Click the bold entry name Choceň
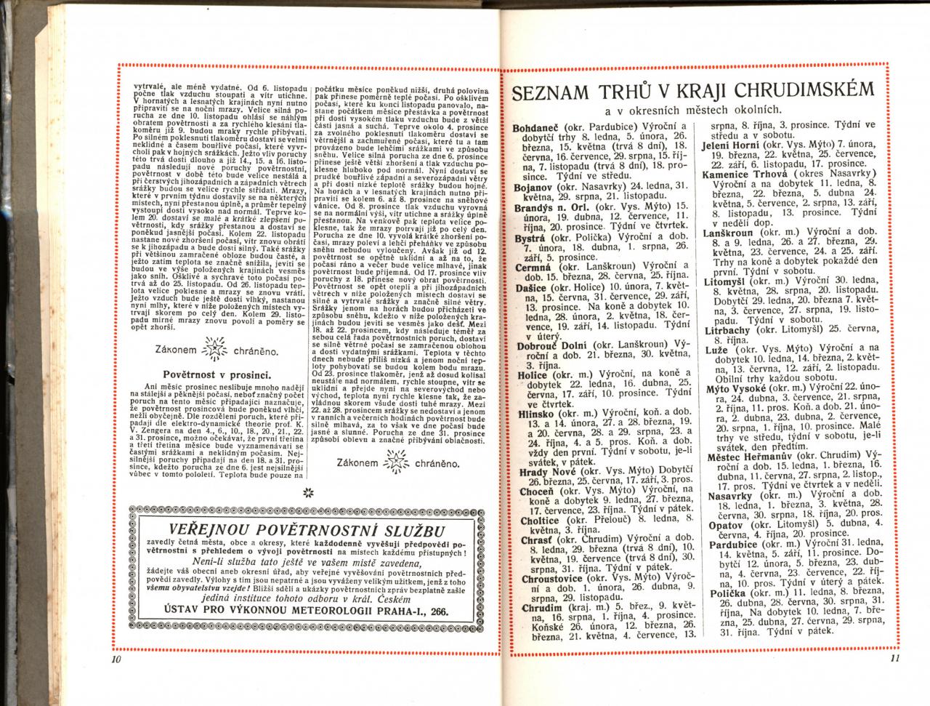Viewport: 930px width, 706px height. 538,491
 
